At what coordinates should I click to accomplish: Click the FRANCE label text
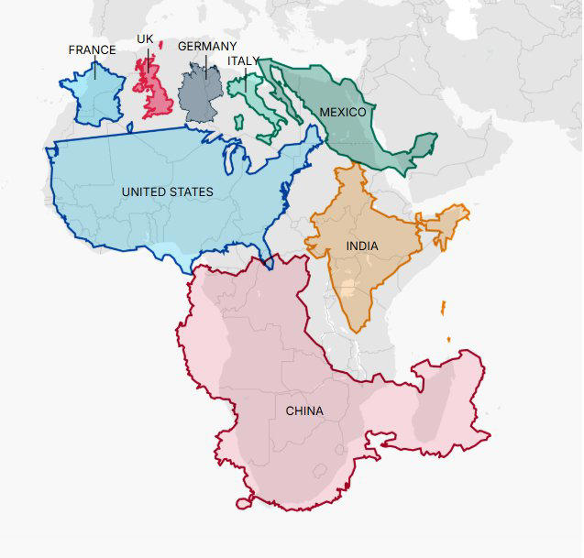(92, 49)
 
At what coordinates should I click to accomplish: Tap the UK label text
(145, 38)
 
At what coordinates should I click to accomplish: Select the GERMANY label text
(207, 46)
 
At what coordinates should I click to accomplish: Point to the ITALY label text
(245, 60)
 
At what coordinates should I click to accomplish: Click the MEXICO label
(343, 112)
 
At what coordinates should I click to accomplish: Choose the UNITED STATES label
(167, 192)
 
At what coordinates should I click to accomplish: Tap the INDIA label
(362, 246)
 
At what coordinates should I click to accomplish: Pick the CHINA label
(304, 410)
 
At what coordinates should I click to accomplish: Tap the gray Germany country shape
(200, 93)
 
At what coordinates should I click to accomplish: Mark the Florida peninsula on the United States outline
(267, 257)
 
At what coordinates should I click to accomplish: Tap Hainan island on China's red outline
(245, 502)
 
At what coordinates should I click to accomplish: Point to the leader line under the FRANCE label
(94, 67)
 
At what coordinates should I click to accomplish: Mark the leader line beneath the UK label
(148, 57)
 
